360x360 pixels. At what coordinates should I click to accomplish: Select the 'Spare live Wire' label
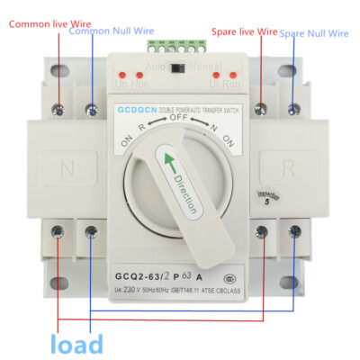pyautogui.click(x=244, y=30)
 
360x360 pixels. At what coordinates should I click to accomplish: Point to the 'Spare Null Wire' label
pyautogui.click(x=314, y=33)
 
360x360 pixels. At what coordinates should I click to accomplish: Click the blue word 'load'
pyautogui.click(x=76, y=344)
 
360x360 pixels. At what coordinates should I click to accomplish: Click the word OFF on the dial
pyautogui.click(x=179, y=118)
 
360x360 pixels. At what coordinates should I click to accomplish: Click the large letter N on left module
pyautogui.click(x=67, y=166)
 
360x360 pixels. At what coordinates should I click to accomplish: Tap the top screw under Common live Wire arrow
pyautogui.click(x=58, y=109)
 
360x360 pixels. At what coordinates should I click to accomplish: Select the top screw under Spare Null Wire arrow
pyautogui.click(x=294, y=108)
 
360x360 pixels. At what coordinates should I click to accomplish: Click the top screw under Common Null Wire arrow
pyautogui.click(x=91, y=109)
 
